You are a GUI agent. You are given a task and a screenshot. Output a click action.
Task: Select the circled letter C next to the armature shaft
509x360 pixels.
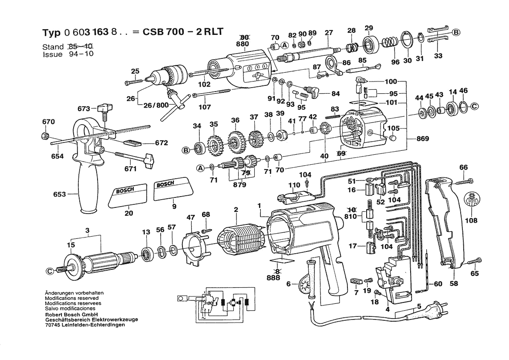click(x=50, y=271)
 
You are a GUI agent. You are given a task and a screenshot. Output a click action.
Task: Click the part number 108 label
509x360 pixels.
click(x=471, y=221)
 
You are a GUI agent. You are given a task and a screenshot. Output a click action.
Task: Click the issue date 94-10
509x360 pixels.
click(x=81, y=54)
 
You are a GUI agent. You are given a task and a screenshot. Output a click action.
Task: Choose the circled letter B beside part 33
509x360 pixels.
click(x=456, y=33)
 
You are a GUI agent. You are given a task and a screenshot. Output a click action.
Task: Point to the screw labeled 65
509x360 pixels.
click(x=472, y=262)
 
